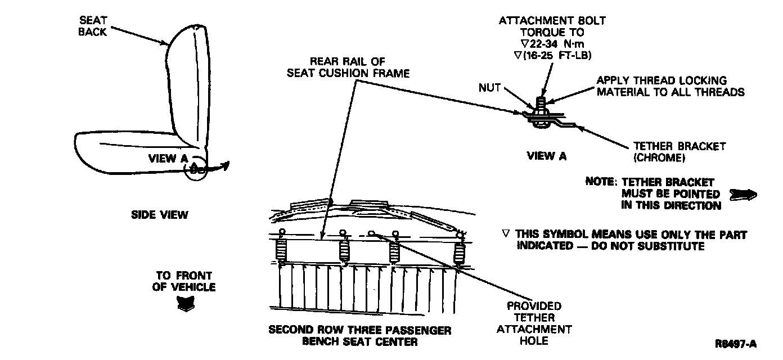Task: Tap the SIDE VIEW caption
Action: (160, 215)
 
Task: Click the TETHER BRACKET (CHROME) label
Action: (679, 152)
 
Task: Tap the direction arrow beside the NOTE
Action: (742, 195)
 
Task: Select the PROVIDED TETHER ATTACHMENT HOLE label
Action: (534, 323)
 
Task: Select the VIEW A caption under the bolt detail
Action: (546, 156)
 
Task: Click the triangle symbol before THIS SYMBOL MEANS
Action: (506, 235)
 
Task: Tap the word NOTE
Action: (600, 182)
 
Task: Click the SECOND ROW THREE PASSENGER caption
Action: (361, 330)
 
